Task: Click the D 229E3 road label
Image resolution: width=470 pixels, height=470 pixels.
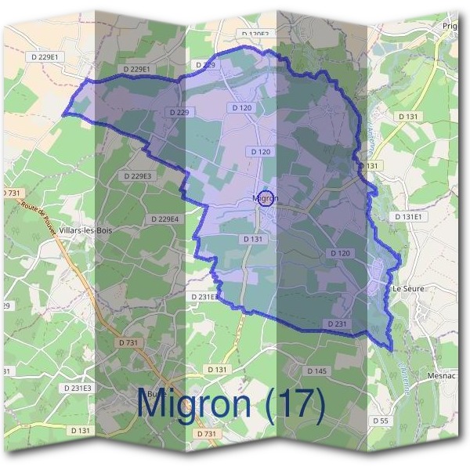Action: (136, 176)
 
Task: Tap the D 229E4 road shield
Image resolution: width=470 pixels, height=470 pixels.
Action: (164, 219)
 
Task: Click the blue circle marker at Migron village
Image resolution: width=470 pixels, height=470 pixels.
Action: (266, 199)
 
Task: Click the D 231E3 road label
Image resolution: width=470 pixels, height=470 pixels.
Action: (76, 389)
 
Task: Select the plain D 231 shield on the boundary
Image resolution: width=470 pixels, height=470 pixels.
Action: (334, 324)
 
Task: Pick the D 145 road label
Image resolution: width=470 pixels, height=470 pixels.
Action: (316, 371)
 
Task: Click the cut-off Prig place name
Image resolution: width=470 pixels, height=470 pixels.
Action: (450, 26)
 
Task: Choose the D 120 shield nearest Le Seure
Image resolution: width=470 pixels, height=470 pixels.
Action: (340, 253)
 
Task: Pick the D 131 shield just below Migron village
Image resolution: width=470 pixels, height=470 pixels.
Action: (251, 238)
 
